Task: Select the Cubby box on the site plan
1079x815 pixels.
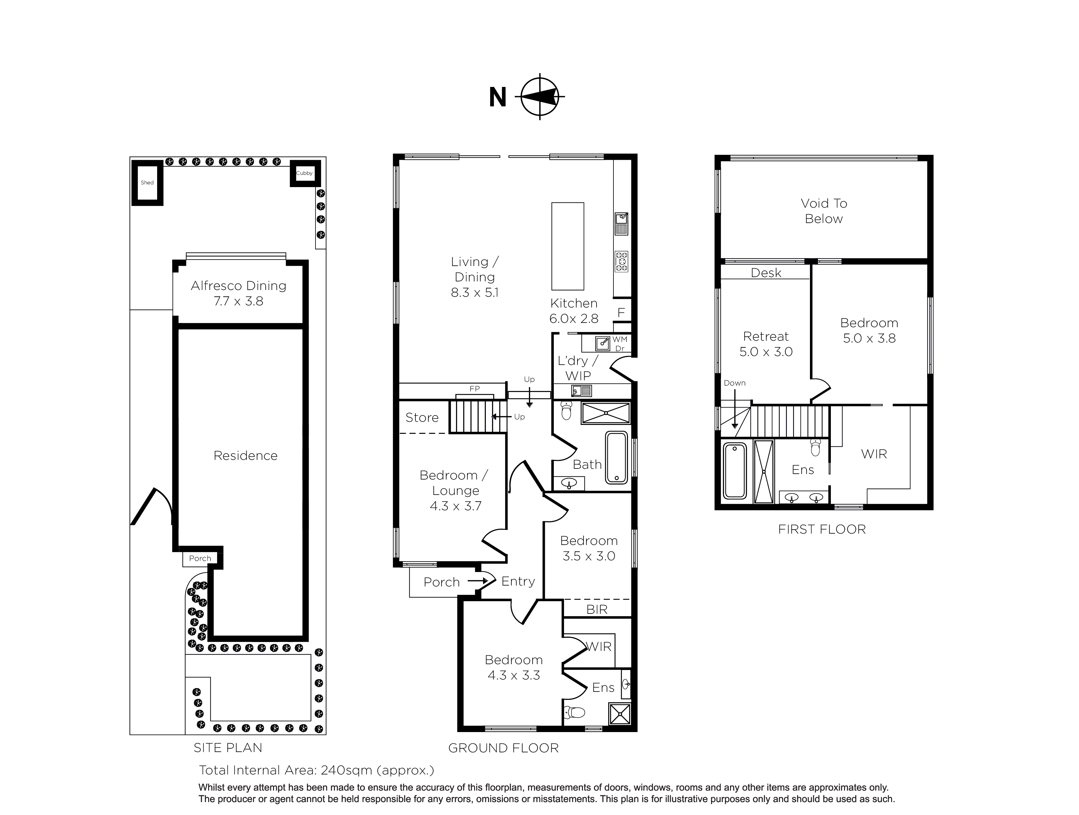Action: [x=304, y=173]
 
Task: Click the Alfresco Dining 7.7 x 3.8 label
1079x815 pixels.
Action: [x=239, y=293]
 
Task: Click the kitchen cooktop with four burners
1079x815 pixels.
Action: [x=621, y=261]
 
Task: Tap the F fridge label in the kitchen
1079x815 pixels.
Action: [x=621, y=312]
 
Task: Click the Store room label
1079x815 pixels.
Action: [x=422, y=417]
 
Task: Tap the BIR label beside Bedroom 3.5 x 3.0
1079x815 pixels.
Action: [x=597, y=609]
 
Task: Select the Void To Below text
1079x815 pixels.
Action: [x=824, y=210]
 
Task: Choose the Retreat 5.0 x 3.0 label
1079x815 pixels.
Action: [x=766, y=344]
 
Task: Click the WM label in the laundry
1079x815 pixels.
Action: [x=620, y=339]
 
